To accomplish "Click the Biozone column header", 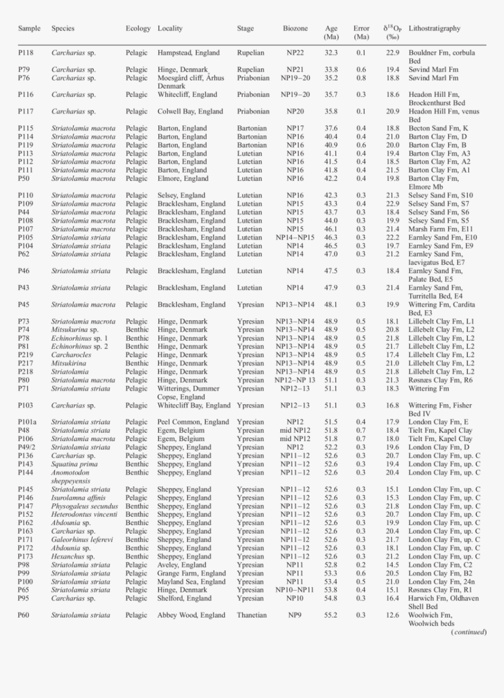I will [x=295, y=28].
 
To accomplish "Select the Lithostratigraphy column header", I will [x=434, y=28].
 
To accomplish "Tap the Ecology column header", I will [x=138, y=28].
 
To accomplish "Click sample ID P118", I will [x=25, y=53].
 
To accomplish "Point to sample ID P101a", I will [x=27, y=422].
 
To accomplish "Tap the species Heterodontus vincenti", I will [x=83, y=514].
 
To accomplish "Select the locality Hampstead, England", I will [x=189, y=53].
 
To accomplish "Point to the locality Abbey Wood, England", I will [x=191, y=615].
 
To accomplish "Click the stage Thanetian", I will [x=252, y=615].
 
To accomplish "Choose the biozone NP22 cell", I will [x=295, y=53].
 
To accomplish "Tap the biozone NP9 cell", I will [x=295, y=615].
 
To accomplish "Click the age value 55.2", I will [x=331, y=615].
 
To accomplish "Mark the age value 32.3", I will [x=331, y=53].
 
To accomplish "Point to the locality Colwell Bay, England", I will [x=190, y=111].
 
